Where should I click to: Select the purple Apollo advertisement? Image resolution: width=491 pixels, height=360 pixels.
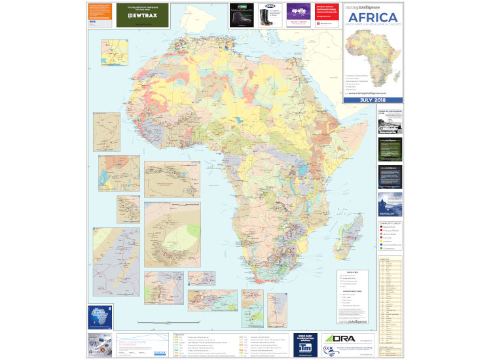298,14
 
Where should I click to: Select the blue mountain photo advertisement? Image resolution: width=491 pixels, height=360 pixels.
390,203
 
